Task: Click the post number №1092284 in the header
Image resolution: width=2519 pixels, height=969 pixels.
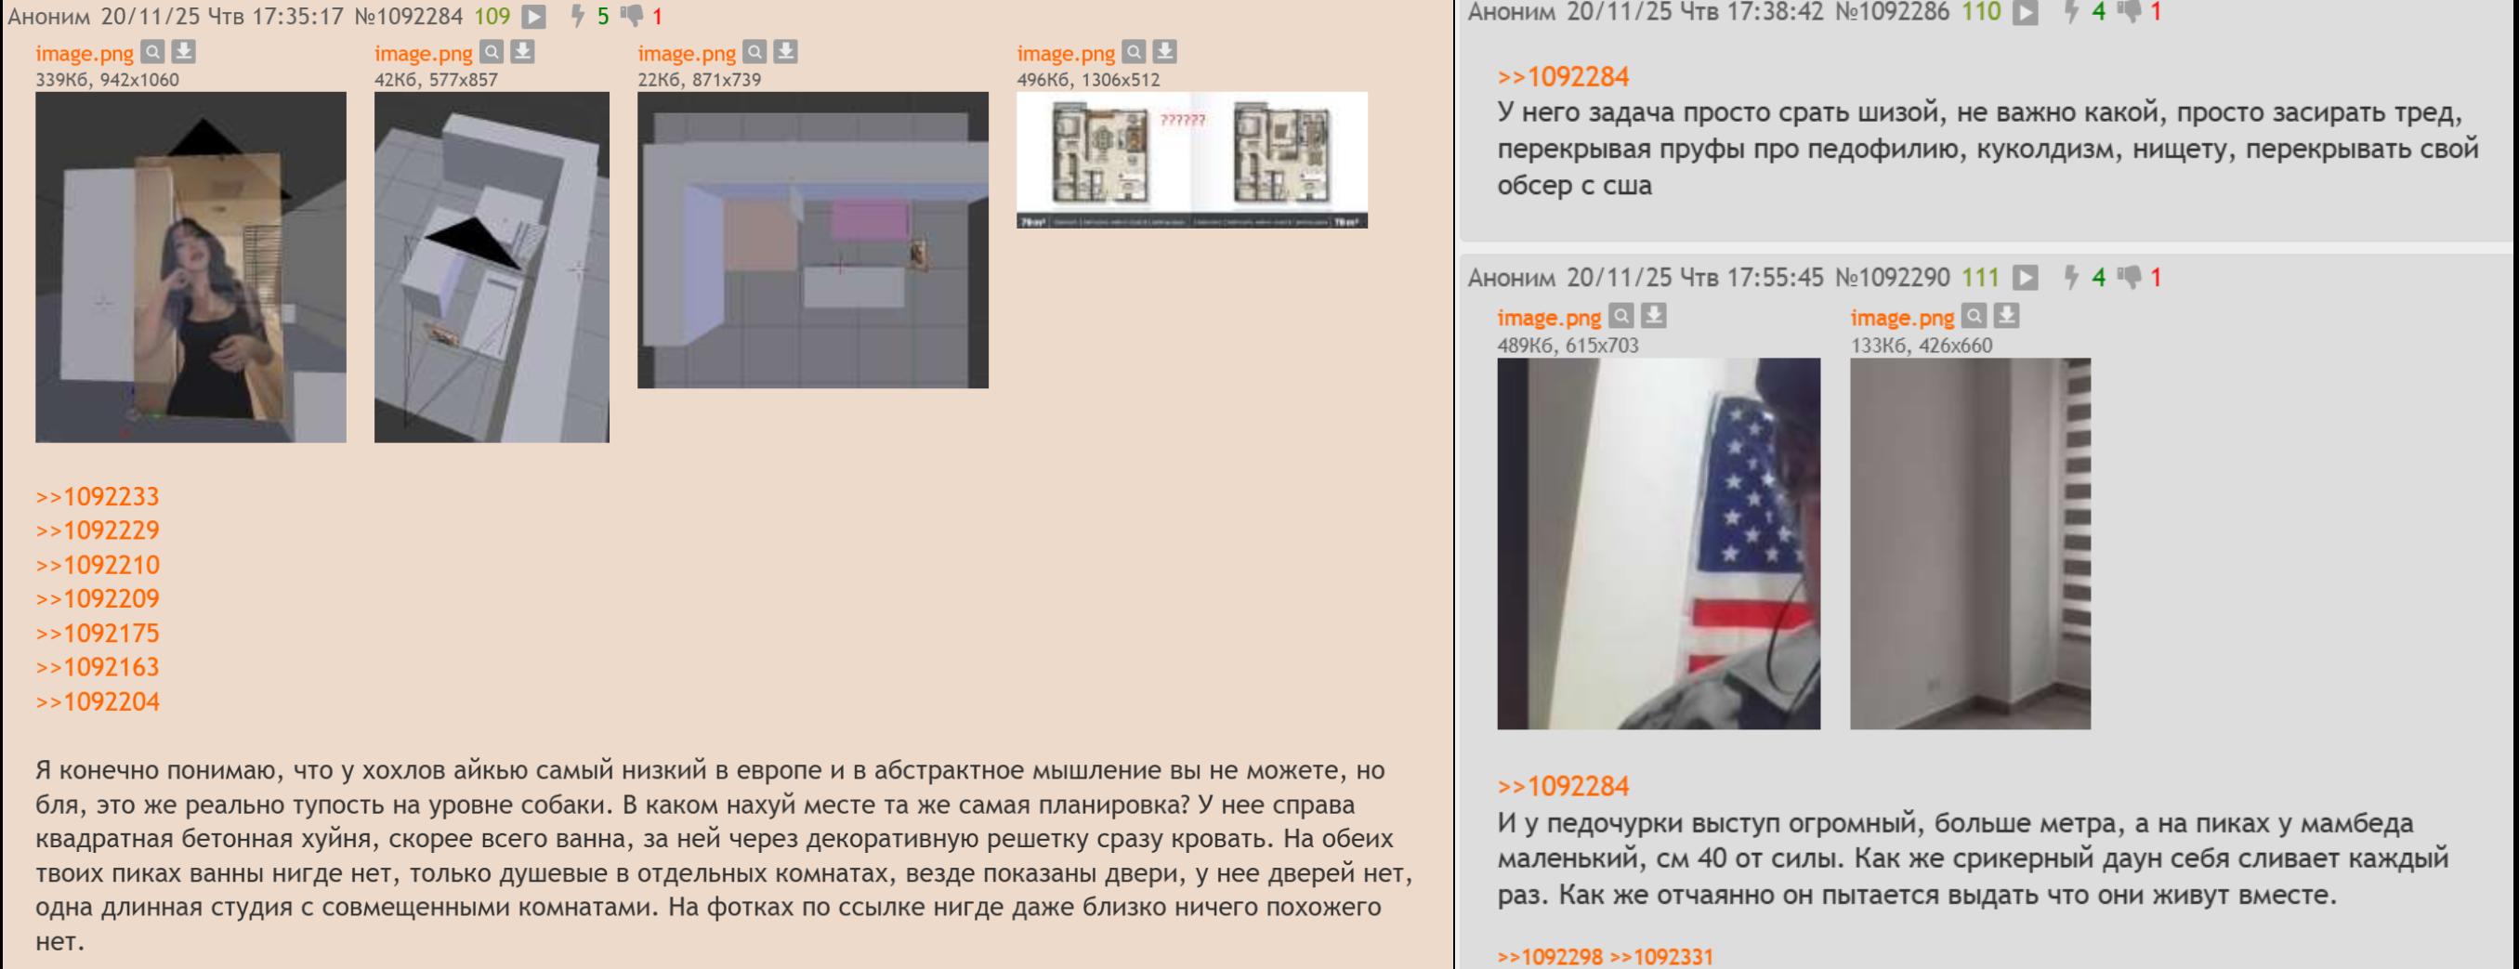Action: (408, 17)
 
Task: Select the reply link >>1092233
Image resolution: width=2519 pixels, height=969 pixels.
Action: (97, 497)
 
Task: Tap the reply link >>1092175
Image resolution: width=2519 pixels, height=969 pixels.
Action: (97, 634)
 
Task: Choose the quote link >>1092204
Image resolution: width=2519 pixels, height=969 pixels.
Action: (97, 702)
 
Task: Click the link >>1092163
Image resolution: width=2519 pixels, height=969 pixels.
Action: (97, 667)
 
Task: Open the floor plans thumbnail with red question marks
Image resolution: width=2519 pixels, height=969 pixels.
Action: (1192, 161)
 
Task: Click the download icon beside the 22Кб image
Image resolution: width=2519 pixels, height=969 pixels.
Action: (785, 52)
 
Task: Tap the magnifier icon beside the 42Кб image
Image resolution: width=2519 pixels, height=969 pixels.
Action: (492, 52)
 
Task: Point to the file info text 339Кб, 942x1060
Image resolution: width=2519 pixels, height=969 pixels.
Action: (108, 80)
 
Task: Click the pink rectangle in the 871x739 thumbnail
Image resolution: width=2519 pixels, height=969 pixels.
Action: (870, 219)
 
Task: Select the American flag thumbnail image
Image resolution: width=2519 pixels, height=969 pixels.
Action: (1659, 543)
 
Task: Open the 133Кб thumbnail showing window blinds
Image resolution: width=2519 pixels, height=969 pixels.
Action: (1971, 543)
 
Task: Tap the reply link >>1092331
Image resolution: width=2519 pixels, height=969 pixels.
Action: (1661, 957)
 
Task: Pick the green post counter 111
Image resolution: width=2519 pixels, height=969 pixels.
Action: (1980, 278)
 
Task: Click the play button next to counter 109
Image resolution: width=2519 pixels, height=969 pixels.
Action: (534, 17)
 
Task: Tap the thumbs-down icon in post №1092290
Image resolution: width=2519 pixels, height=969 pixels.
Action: (2129, 278)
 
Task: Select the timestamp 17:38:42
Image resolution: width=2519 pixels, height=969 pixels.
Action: (1776, 13)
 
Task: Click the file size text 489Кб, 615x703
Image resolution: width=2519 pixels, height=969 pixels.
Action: (1568, 346)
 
